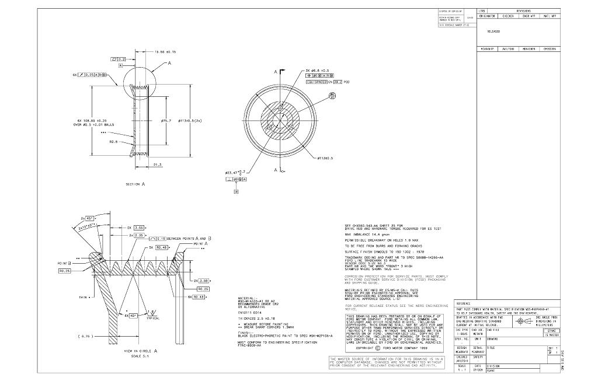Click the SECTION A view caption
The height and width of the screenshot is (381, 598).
(135, 184)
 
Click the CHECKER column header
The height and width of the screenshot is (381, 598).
(508, 16)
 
